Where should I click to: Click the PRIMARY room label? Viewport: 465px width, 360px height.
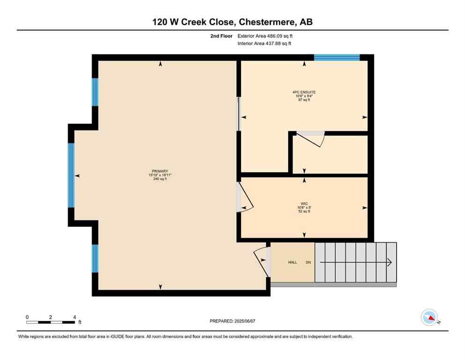(160, 171)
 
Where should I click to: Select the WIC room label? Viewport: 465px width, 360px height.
(304, 204)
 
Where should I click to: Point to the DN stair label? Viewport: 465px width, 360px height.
(308, 262)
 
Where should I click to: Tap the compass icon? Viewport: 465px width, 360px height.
(429, 317)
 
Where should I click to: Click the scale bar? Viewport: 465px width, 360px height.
(51, 322)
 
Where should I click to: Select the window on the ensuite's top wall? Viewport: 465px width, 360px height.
(337, 58)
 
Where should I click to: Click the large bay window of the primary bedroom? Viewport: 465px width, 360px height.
(71, 175)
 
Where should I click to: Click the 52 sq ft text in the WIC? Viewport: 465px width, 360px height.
(304, 211)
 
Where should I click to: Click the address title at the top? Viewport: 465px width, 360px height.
(232, 22)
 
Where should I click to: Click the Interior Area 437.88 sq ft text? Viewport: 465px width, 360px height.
(266, 44)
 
